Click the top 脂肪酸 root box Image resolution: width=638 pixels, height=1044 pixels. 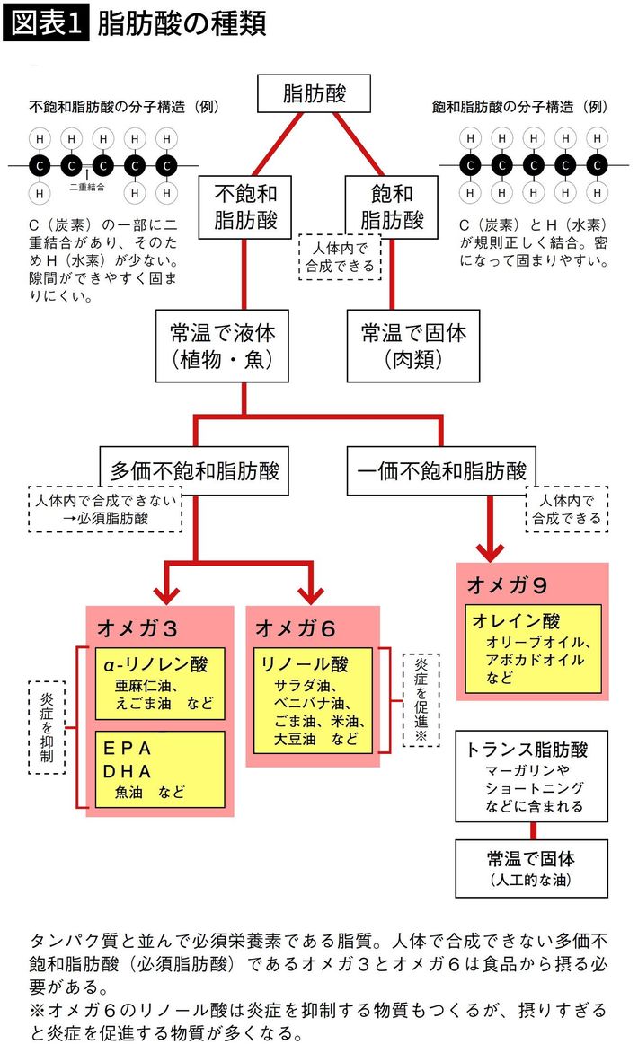[314, 94]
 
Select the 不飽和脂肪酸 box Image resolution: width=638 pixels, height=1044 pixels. [245, 206]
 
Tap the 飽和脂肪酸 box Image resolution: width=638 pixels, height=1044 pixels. [392, 206]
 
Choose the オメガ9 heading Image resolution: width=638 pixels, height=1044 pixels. [508, 584]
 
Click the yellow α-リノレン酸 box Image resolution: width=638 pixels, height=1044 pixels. [161, 683]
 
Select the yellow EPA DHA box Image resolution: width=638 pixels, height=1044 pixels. [161, 768]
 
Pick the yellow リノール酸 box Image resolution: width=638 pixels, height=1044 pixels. [312, 699]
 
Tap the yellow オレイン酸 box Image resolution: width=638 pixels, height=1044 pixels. [533, 647]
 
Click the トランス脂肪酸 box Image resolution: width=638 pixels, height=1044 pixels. [532, 775]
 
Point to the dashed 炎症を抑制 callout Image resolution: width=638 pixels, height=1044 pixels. [47, 726]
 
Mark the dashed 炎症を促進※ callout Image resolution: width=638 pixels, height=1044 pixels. [419, 698]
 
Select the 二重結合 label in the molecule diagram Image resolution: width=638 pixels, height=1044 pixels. [87, 189]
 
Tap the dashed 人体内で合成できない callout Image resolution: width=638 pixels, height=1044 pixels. [105, 509]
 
